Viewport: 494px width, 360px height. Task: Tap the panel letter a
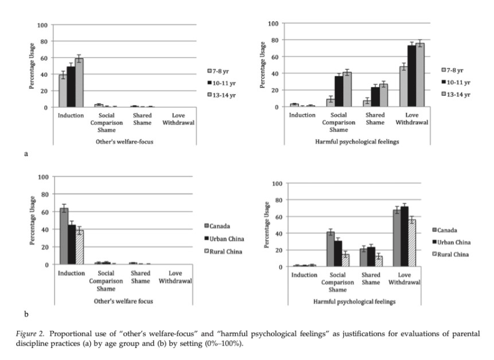coord(26,153)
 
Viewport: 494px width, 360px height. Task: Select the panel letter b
coord(26,314)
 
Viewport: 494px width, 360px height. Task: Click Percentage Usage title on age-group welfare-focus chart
coord(32,66)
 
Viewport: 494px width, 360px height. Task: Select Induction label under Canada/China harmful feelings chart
coord(304,275)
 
